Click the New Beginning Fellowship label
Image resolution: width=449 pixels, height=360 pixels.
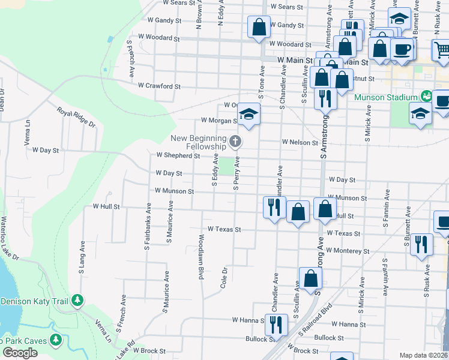click(198, 142)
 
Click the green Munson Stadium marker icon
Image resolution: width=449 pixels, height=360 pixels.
click(426, 96)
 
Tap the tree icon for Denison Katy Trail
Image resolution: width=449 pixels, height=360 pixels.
click(77, 300)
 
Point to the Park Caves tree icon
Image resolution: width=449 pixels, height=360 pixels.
click(56, 340)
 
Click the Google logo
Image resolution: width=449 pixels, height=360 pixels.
click(20, 353)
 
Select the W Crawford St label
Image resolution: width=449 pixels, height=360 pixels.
click(159, 86)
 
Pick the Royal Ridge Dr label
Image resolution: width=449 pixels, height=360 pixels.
click(76, 117)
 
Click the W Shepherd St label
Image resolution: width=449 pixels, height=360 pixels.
click(178, 155)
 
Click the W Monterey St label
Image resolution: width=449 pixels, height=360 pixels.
click(345, 251)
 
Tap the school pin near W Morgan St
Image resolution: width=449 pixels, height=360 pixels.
click(249, 114)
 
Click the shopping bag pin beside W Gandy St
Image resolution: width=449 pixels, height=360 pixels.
click(259, 27)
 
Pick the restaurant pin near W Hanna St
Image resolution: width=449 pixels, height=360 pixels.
click(276, 325)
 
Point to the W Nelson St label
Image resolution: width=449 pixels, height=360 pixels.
click(300, 143)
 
